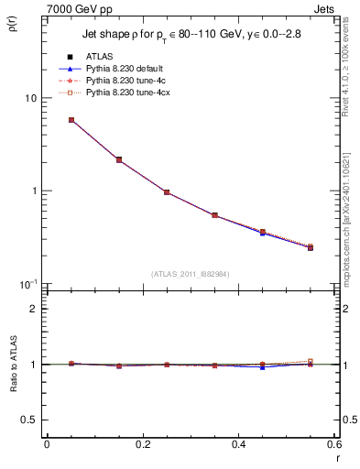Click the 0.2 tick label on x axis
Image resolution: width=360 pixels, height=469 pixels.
pyautogui.click(x=142, y=444)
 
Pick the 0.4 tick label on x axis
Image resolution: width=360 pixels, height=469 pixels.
pyautogui.click(x=238, y=444)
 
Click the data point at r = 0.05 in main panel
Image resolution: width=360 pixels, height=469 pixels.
pyautogui.click(x=71, y=120)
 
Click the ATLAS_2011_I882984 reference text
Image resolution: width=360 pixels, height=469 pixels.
pyautogui.click(x=190, y=274)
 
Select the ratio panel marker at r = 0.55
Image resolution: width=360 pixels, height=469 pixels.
pyautogui.click(x=311, y=363)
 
